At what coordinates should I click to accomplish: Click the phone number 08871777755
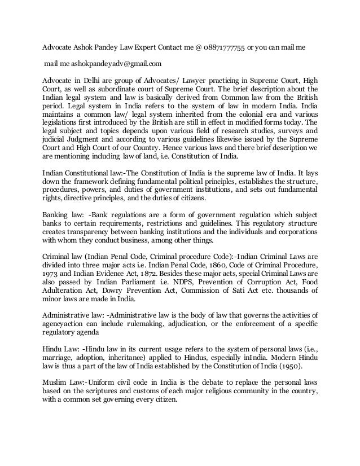[x=223, y=48]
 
